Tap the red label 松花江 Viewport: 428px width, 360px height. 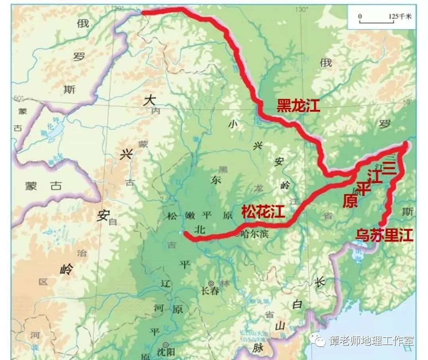click(263, 212)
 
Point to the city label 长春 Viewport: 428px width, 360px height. click(210, 291)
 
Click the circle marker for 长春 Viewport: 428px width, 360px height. click(211, 283)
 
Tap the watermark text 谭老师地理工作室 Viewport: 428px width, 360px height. click(371, 341)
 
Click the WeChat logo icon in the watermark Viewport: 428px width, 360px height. click(317, 340)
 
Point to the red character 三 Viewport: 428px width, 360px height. click(390, 169)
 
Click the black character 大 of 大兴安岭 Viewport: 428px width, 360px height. click(150, 100)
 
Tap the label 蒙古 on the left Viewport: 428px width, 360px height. click(44, 186)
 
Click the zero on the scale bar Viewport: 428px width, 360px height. click(360, 17)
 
